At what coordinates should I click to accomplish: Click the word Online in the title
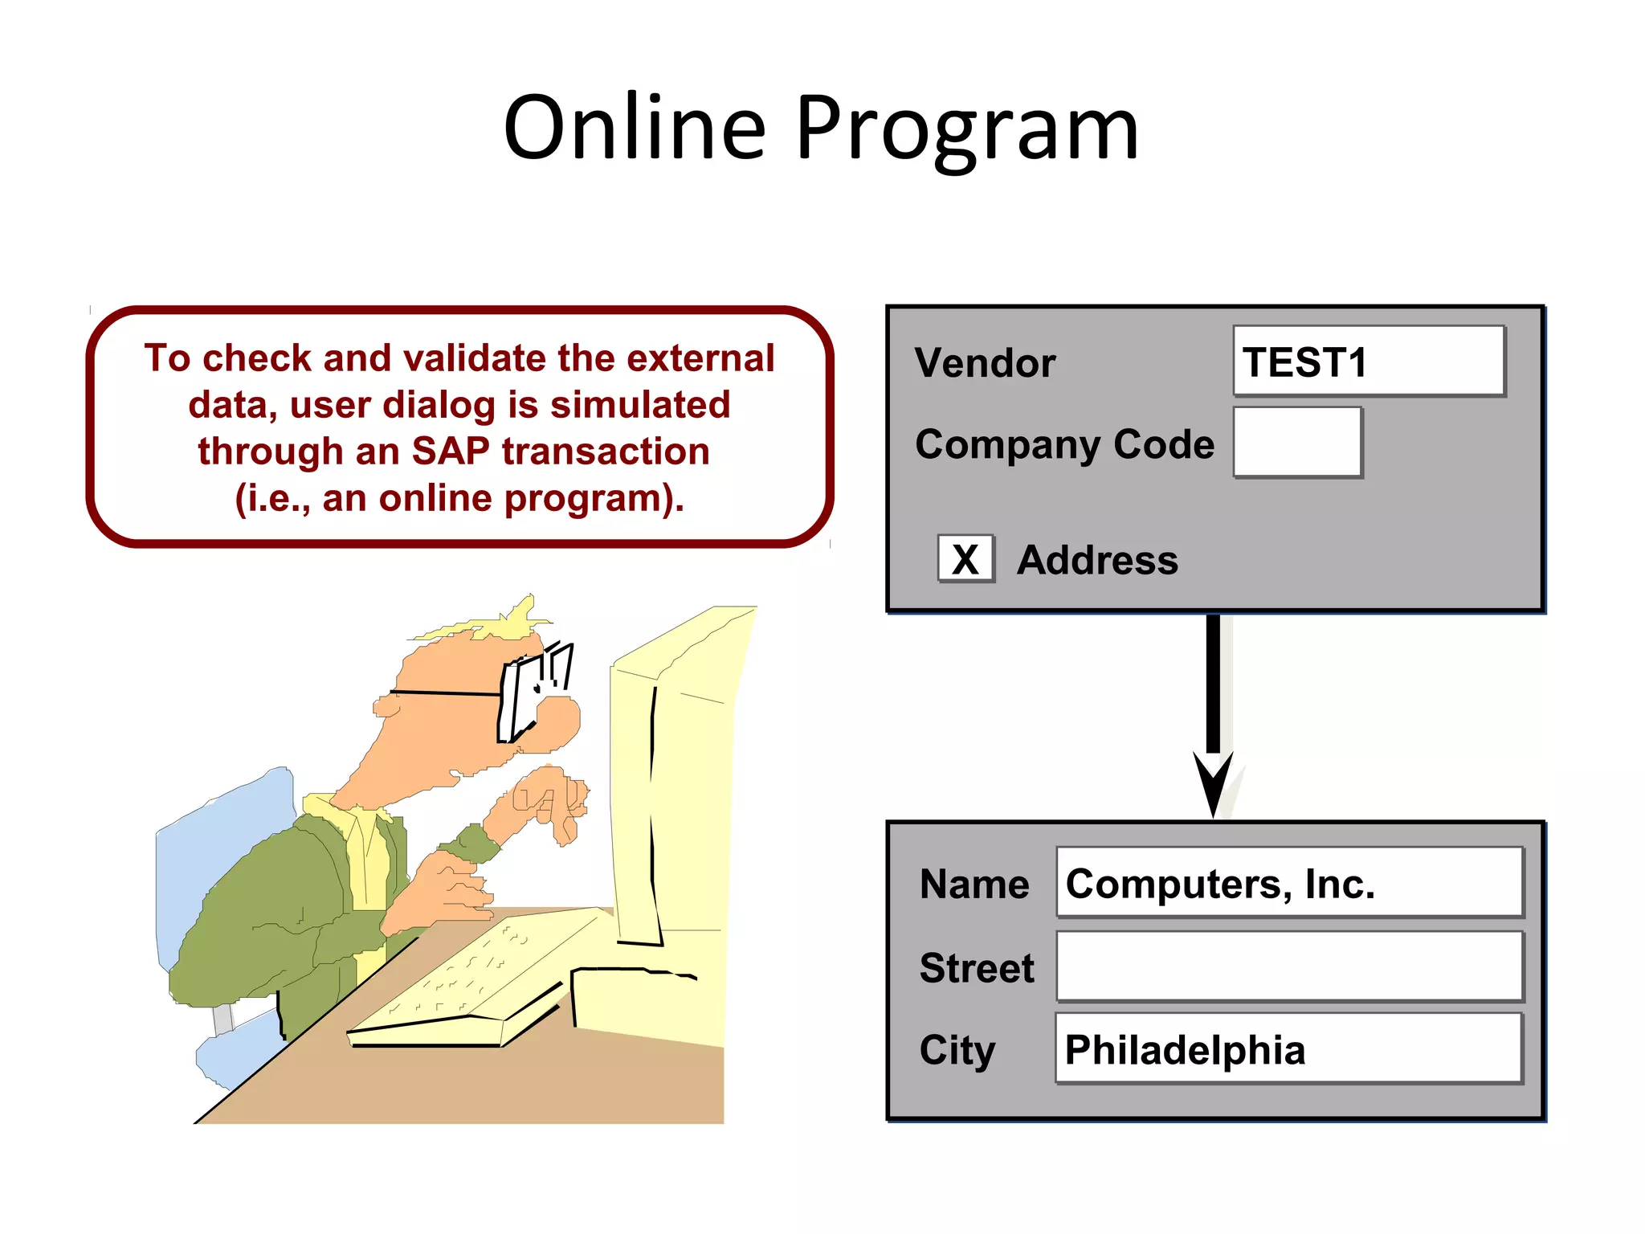point(634,129)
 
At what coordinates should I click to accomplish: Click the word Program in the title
point(967,129)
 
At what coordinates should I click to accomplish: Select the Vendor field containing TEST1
point(1368,362)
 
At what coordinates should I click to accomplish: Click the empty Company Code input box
point(1296,442)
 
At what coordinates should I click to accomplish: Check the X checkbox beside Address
point(965,559)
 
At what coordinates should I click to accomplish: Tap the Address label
point(1097,560)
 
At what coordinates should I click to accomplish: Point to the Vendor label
point(985,363)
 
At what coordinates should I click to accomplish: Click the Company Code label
point(1064,444)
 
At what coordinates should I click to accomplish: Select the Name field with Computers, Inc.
point(1288,882)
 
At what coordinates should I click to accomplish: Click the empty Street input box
point(1288,966)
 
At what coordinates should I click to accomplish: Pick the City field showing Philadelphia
point(1288,1048)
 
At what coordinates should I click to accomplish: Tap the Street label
point(977,968)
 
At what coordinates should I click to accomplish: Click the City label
point(957,1050)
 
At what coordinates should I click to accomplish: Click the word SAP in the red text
point(450,452)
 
